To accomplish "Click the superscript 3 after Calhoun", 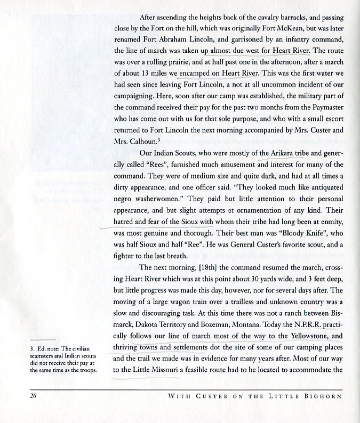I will pyautogui.click(x=160, y=140).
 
